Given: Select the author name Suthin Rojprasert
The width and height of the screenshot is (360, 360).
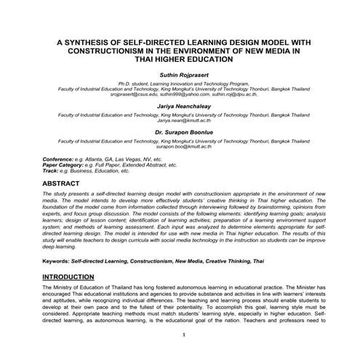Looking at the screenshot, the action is point(179,75).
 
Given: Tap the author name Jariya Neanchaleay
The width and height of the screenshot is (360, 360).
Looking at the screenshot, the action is point(179,106).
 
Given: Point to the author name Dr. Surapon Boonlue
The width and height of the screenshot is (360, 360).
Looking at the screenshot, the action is point(179,132).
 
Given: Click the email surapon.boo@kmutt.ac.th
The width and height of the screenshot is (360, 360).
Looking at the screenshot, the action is point(179,146).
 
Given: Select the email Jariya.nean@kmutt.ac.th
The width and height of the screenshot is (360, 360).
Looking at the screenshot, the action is point(179,120).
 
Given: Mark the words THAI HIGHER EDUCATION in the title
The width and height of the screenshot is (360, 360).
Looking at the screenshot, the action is point(179,60).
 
